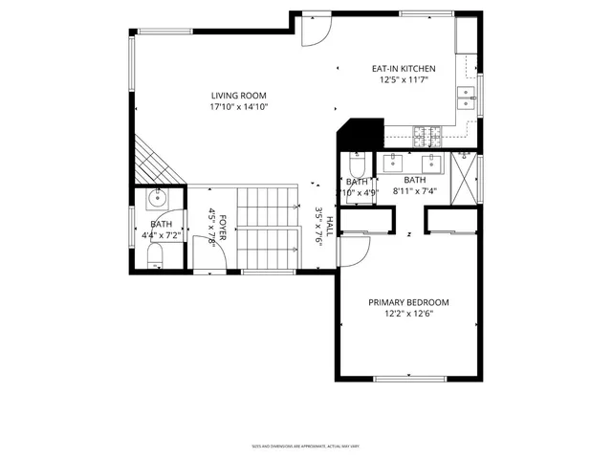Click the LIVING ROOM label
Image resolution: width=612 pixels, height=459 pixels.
pyautogui.click(x=239, y=96)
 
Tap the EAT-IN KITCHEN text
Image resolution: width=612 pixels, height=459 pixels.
pyautogui.click(x=404, y=69)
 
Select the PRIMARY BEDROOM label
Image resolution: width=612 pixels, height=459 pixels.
pyautogui.click(x=408, y=302)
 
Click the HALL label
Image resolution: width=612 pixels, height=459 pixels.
pyautogui.click(x=329, y=227)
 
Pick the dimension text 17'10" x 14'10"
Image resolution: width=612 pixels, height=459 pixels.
pyautogui.click(x=239, y=107)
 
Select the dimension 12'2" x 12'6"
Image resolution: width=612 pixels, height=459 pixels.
pyautogui.click(x=408, y=314)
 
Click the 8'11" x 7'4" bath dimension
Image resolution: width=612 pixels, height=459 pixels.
pyautogui.click(x=415, y=191)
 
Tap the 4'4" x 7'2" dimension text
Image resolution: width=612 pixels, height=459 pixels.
pyautogui.click(x=159, y=234)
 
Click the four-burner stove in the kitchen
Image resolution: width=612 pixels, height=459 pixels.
pyautogui.click(x=426, y=134)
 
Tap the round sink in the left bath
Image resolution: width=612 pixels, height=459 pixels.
pyautogui.click(x=158, y=200)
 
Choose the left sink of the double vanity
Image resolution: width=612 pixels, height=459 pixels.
pyautogui.click(x=394, y=162)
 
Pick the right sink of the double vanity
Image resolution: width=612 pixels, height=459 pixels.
pyautogui.click(x=432, y=162)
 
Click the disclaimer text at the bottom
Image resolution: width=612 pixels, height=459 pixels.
pyautogui.click(x=305, y=446)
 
